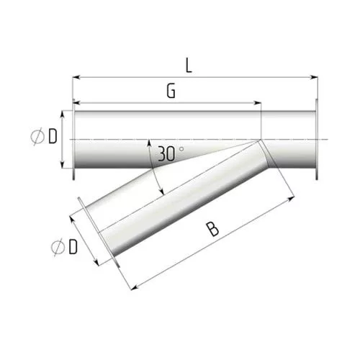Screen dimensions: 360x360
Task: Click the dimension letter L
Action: tap(189, 66)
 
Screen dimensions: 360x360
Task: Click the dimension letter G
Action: tap(171, 91)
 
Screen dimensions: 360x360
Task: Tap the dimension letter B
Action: tap(212, 230)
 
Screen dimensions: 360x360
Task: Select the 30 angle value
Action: tap(166, 154)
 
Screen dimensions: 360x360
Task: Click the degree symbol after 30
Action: tap(181, 149)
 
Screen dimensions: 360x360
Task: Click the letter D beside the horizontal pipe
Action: tap(53, 137)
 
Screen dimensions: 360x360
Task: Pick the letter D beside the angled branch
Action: tap(73, 247)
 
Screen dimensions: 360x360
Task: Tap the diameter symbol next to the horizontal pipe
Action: tap(37, 137)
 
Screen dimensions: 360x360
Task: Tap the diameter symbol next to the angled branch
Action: tap(58, 247)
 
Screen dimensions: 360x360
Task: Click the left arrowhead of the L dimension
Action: tap(76, 77)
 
